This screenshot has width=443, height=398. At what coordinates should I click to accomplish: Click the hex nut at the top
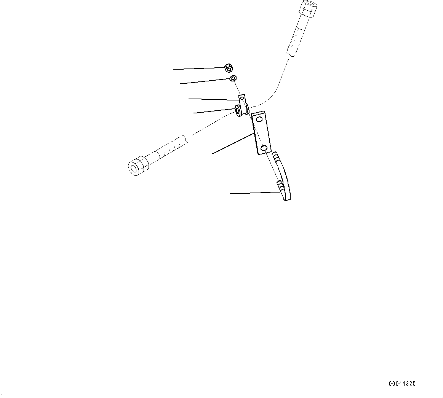pyautogui.click(x=229, y=68)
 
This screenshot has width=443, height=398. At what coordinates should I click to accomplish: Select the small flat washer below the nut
pyautogui.click(x=233, y=78)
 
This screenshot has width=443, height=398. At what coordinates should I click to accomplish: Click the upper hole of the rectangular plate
pyautogui.click(x=259, y=119)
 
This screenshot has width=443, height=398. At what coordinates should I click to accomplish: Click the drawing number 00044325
pyautogui.click(x=402, y=384)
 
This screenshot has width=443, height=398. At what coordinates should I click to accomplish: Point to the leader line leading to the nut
pyautogui.click(x=198, y=69)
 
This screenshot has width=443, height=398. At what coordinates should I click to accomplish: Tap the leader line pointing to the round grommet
pyautogui.click(x=213, y=112)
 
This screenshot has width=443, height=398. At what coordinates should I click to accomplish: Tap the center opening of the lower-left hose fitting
pyautogui.click(x=134, y=167)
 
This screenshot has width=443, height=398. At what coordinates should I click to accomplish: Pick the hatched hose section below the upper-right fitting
pyautogui.click(x=296, y=40)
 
